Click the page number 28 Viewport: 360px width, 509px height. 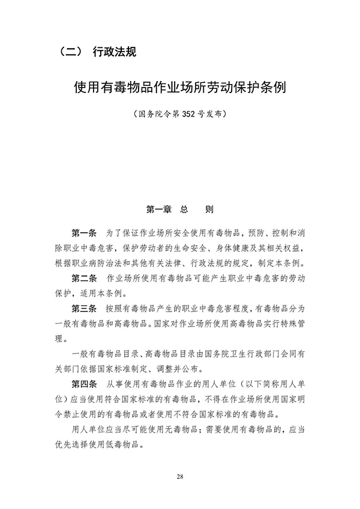click(x=180, y=477)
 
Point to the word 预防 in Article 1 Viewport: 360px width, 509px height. click(x=238, y=232)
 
